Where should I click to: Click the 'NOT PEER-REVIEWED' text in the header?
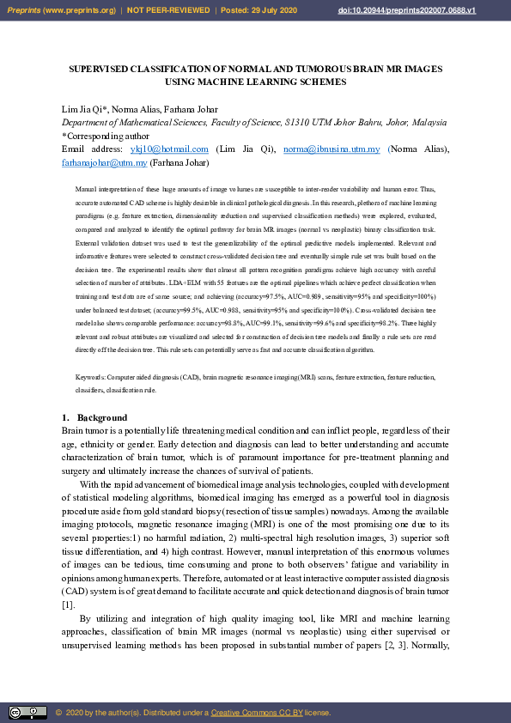(168, 9)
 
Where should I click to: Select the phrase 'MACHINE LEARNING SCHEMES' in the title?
(277, 82)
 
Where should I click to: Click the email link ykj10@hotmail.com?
(169, 149)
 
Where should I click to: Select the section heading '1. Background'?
(94, 418)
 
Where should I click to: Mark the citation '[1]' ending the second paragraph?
(68, 605)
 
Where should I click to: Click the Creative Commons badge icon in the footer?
(27, 712)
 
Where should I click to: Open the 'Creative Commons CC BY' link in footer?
(252, 713)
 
